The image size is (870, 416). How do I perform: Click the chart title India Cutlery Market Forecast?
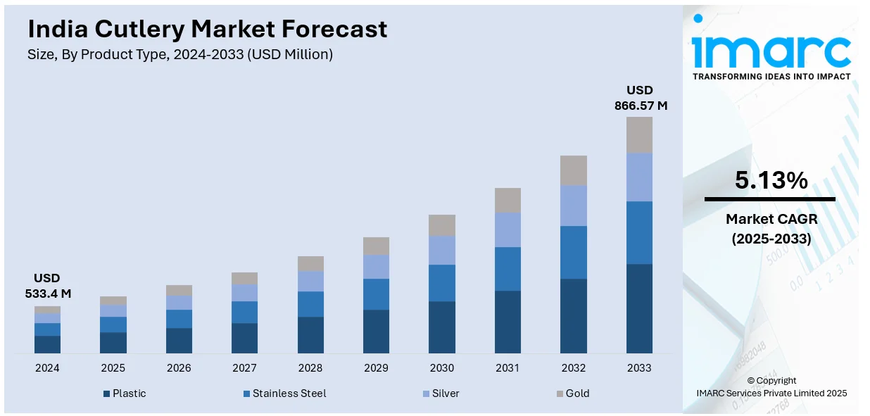click(208, 29)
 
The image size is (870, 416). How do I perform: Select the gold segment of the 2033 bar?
click(639, 134)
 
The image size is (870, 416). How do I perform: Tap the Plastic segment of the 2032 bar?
click(574, 315)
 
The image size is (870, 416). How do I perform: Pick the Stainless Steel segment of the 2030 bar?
click(442, 283)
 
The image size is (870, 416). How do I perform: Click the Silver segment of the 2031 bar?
click(507, 229)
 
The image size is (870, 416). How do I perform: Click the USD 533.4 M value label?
click(47, 286)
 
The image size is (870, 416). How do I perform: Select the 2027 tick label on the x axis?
click(244, 368)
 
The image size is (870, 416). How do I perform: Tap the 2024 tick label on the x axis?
click(47, 368)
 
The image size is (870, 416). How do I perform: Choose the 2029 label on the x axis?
click(376, 368)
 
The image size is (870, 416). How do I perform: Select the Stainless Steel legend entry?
click(284, 393)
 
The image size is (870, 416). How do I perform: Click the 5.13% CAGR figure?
click(771, 181)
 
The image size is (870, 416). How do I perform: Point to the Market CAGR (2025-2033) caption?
click(771, 229)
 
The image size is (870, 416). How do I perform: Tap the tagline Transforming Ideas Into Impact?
click(771, 76)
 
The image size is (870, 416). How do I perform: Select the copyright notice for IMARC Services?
click(771, 387)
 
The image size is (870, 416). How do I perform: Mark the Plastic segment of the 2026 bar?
click(179, 340)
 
